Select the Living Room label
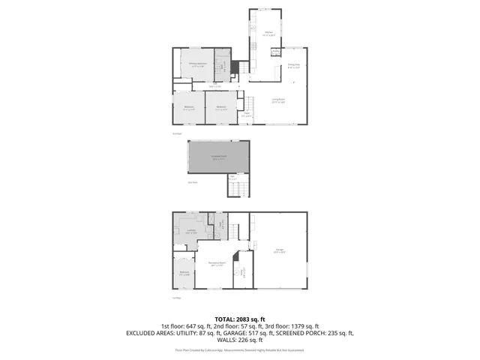[277, 101]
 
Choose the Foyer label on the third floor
[245, 114]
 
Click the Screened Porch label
[218, 157]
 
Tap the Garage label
[279, 251]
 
